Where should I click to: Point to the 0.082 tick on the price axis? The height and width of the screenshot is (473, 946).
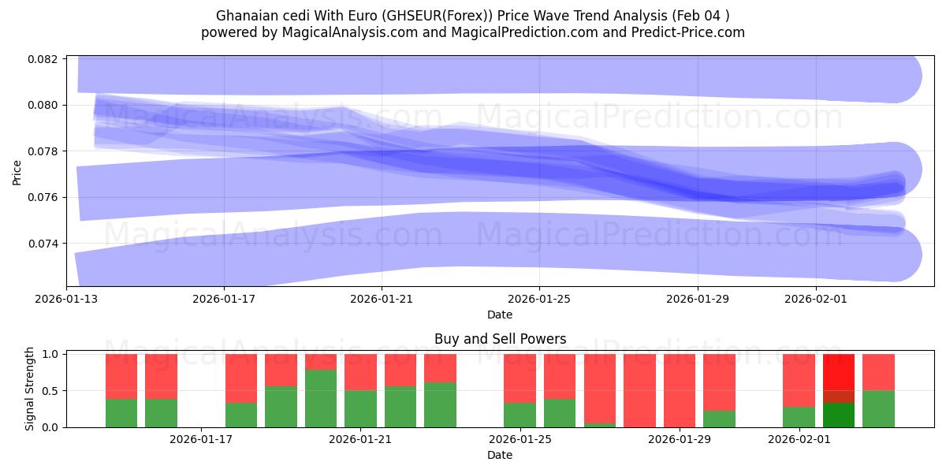pos(46,59)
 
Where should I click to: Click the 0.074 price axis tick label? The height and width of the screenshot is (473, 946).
pos(46,244)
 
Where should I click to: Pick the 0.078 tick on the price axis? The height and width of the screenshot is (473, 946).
pos(46,151)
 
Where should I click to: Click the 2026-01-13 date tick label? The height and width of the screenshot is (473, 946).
pos(66,300)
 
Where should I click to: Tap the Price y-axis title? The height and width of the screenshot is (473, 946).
pos(17,171)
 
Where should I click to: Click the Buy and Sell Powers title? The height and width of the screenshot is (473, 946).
pos(500,340)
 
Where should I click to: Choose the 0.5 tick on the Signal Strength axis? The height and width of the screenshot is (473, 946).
pos(49,391)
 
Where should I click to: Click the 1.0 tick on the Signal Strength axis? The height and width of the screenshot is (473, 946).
pos(49,355)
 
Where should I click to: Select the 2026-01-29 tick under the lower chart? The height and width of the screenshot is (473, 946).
pos(680,440)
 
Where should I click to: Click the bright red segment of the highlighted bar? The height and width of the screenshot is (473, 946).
pos(838,372)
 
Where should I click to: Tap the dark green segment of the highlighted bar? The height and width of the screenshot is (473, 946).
pos(838,415)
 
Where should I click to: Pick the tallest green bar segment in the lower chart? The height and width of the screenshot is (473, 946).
pos(321,398)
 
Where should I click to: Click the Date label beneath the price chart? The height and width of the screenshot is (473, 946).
pos(499,315)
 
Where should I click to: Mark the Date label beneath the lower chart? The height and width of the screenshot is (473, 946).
pos(499,455)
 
